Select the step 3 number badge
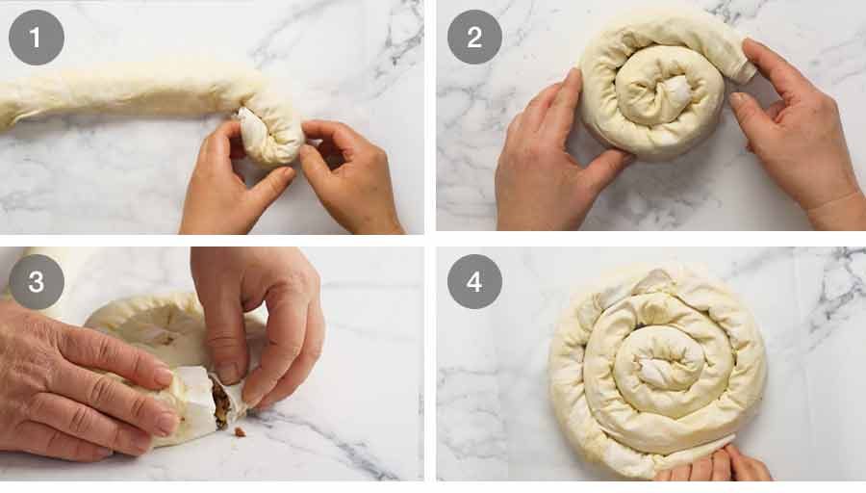pyautogui.click(x=37, y=281)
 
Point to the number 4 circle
pyautogui.click(x=474, y=281)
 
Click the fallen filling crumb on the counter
pyautogui.click(x=239, y=431)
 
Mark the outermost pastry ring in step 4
pyautogui.click(x=568, y=385)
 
